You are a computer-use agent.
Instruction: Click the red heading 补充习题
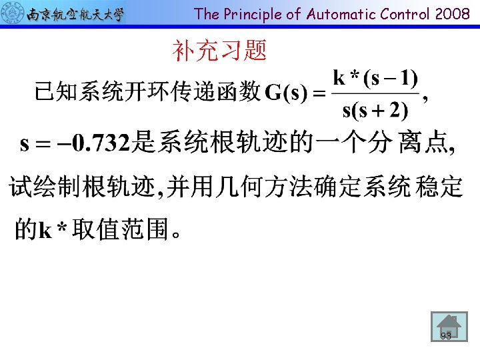(x=219, y=50)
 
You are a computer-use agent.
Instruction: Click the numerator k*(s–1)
(x=375, y=79)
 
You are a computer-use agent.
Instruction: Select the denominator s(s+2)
(x=375, y=109)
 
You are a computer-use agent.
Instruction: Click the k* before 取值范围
(x=53, y=231)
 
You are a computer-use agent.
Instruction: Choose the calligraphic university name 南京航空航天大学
(x=75, y=13)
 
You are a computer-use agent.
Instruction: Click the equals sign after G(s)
(x=319, y=93)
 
